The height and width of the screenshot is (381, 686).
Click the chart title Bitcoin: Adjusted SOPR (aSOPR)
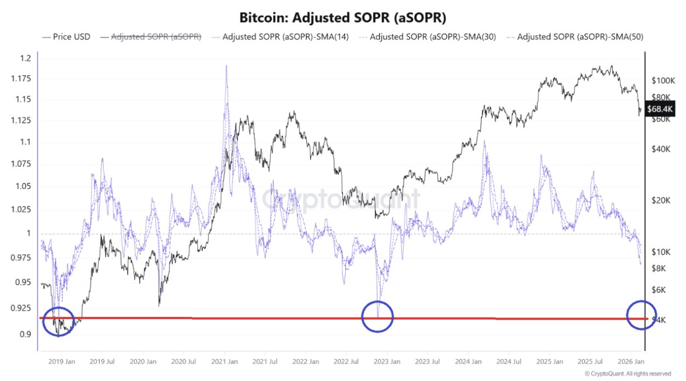[343, 18]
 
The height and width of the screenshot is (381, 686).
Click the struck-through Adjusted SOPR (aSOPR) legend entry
[156, 37]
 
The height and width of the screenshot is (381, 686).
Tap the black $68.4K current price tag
[660, 109]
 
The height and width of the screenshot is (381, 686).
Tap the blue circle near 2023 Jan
[378, 316]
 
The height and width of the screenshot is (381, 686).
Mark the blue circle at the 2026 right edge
[641, 315]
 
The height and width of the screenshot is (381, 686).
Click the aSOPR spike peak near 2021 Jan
[226, 67]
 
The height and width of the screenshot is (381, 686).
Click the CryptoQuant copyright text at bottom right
[627, 373]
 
